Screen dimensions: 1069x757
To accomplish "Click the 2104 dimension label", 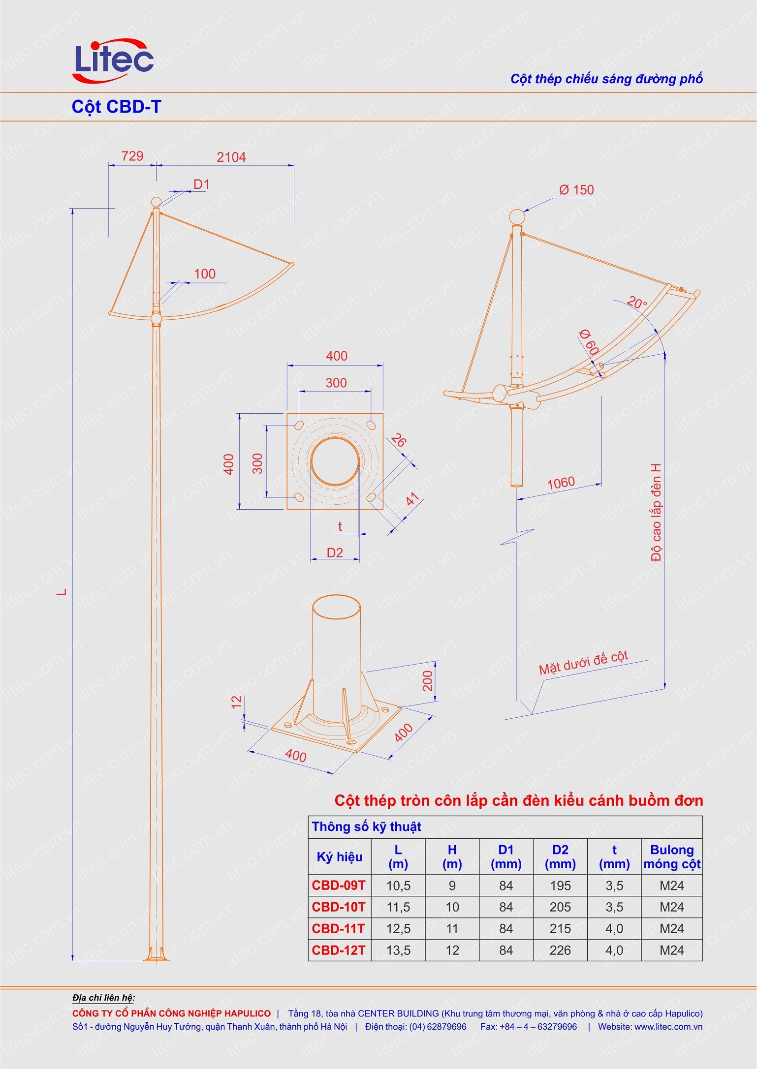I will coord(231,157).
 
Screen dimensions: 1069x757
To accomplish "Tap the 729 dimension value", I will coord(132,156).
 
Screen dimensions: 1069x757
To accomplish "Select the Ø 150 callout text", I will coord(576,190).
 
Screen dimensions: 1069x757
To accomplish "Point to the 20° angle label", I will coord(638,303).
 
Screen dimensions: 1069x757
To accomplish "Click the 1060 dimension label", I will coord(561,483).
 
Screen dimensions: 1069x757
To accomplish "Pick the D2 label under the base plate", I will coord(335,552).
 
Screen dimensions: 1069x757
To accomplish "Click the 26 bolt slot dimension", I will coord(399,440).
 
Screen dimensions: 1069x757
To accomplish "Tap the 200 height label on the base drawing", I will coord(428,681).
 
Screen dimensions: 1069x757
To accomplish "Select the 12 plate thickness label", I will coord(237,702).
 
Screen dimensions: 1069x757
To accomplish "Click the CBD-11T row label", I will coord(339,928).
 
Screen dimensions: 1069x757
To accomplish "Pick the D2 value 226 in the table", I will coord(560,950).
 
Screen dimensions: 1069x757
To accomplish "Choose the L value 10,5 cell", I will coord(398,886).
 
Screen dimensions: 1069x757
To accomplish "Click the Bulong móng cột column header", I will coord(672,857).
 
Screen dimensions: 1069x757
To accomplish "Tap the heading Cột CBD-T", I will coord(116,107).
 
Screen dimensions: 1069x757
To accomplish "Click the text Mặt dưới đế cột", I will coord(583,663).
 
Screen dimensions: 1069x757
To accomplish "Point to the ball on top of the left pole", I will coord(156,202).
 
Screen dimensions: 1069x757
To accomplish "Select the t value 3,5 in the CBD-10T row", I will coord(614,907).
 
